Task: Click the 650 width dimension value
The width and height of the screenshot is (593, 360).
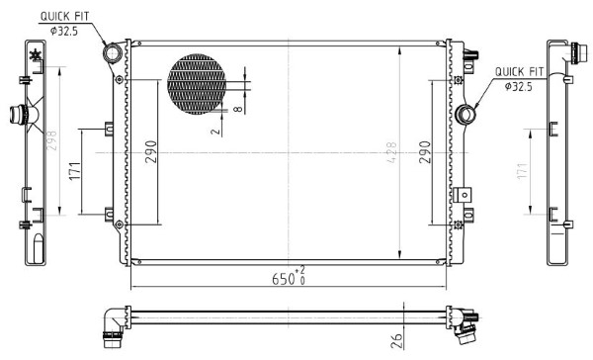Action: pos(284,279)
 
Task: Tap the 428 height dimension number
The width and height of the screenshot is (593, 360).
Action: pos(392,152)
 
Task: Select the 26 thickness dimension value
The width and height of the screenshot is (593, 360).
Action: pos(396,340)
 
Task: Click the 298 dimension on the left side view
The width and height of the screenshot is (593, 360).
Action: pos(51,140)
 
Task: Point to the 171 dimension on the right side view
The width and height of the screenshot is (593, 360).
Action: pos(522,171)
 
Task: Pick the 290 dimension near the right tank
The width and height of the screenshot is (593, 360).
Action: pos(425,151)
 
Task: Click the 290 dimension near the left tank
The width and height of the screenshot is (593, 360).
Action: pos(151,151)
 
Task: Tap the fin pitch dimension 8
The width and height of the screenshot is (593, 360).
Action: pos(238,109)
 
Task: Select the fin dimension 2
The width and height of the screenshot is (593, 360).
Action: pos(215,132)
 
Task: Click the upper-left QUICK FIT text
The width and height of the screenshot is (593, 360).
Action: pos(64,16)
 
